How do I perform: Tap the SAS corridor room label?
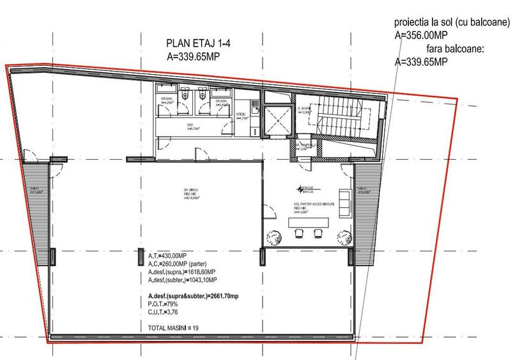[x=190, y=126]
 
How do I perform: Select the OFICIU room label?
[x=242, y=116]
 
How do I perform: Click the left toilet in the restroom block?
[x=184, y=97]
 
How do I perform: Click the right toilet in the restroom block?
[x=201, y=97]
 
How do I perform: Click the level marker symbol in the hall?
[x=300, y=188]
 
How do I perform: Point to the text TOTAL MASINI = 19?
[x=170, y=327]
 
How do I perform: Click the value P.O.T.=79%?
[x=158, y=304]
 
